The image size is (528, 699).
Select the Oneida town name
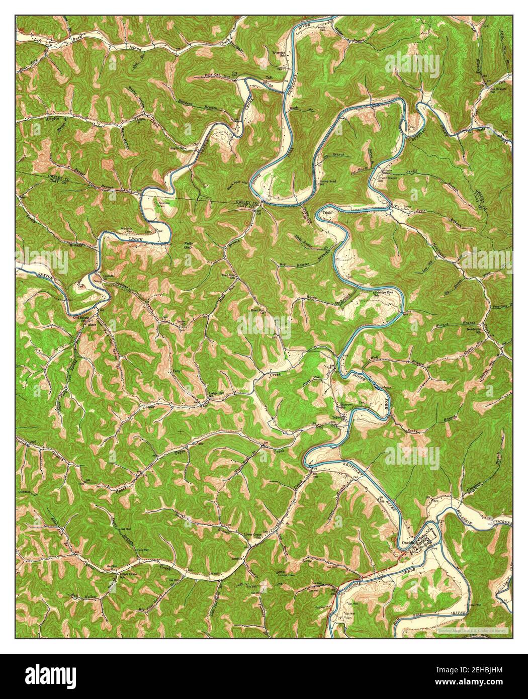[408, 543]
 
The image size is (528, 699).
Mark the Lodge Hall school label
[217, 394]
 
